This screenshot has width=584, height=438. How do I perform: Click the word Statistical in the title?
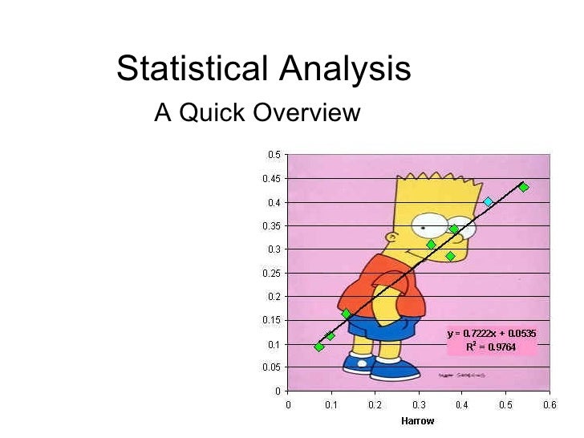[x=194, y=70]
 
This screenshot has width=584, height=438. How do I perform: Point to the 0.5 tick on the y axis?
[x=274, y=155]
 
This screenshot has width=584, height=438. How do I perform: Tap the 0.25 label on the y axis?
[x=273, y=273]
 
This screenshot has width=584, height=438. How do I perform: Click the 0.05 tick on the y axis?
[x=273, y=367]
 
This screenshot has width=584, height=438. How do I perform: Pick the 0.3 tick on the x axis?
[x=419, y=405]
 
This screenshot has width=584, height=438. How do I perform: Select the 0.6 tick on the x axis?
[x=550, y=405]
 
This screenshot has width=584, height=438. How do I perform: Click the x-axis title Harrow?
[x=418, y=420]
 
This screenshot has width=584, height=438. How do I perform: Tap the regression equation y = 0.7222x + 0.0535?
[x=492, y=333]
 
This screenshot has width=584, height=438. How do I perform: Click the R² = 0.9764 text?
[x=491, y=347]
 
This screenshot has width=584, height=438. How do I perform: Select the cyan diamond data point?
[x=488, y=201]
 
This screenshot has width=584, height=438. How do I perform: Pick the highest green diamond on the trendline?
[x=523, y=187]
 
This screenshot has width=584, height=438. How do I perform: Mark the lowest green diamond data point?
[x=319, y=347]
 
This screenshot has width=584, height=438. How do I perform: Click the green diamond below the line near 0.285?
[x=450, y=256]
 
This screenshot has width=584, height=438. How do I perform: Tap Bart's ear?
[x=391, y=237]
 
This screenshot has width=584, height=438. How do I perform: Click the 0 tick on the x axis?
[x=288, y=405]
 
